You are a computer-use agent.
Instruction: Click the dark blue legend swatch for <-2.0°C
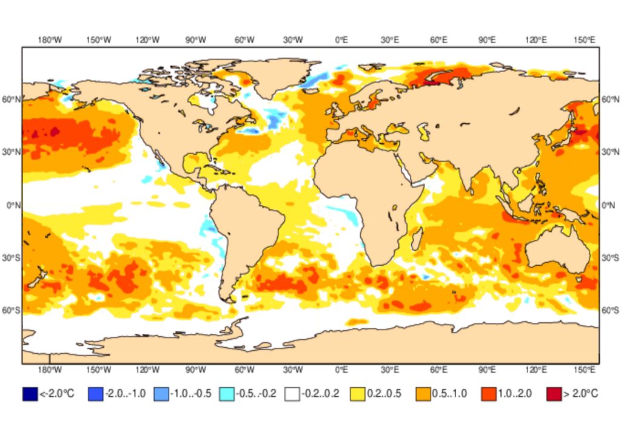tap(30, 394)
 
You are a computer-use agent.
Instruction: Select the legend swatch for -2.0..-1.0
tap(96, 394)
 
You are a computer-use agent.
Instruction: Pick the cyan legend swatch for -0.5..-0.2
tap(227, 394)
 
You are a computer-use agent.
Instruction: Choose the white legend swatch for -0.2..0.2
tap(292, 394)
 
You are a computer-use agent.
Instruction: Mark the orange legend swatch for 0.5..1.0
tap(423, 394)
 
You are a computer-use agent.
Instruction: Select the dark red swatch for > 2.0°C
tap(554, 394)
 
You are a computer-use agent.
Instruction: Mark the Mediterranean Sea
tap(370, 139)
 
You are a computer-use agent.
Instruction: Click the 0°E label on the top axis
tap(341, 40)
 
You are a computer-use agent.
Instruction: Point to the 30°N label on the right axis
tap(609, 151)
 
